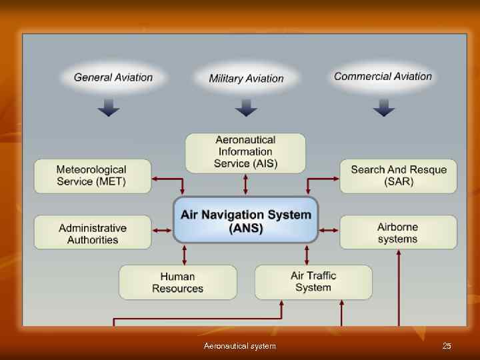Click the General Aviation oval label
pos(113,77)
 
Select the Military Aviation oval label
pos(246,79)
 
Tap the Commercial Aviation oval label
pos(383,77)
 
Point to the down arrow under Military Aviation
pos(246,107)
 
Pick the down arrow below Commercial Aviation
pos(383,107)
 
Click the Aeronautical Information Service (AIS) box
pos(245,152)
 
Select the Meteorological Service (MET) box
pos(93,175)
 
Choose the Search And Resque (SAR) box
pos(399,175)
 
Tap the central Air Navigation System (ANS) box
pos(245,221)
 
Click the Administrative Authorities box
pos(93,233)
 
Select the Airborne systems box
pos(399,232)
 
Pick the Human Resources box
pos(177,282)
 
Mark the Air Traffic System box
pos(313,281)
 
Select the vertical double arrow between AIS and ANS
pos(246,185)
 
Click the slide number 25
pos(447,345)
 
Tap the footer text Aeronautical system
pos(239,345)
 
